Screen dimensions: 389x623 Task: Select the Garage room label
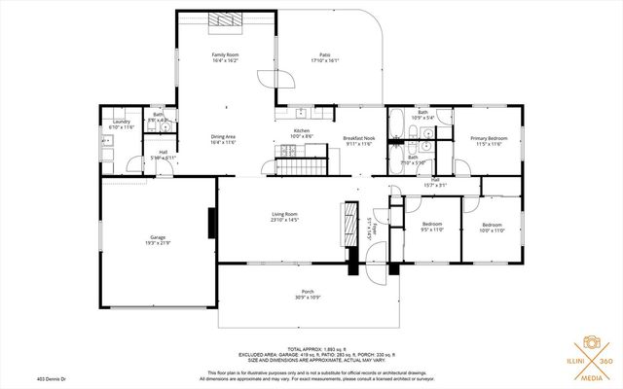point(158,236)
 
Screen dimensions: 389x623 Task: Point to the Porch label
point(307,292)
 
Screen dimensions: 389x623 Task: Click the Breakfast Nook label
point(359,139)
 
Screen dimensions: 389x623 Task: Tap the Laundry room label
point(122,123)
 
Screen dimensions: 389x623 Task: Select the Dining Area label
point(224,137)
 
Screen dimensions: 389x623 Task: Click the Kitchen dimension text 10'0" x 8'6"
point(303,137)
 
